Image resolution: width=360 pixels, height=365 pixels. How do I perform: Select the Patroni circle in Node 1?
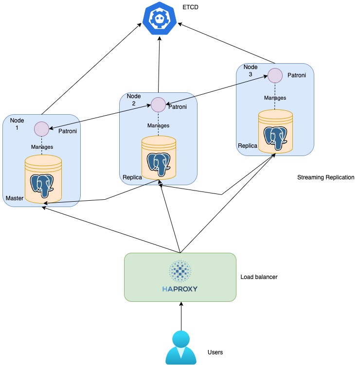point(41,129)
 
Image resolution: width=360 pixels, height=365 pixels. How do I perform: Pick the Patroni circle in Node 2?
point(158,104)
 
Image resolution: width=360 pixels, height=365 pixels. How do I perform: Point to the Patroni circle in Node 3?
point(275,76)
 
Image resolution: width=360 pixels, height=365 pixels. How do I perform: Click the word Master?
point(15,198)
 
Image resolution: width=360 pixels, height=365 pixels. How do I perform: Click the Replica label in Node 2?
point(132,177)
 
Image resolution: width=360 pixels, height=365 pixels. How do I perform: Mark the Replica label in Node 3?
point(247,146)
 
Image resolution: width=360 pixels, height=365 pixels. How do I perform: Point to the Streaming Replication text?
point(325,178)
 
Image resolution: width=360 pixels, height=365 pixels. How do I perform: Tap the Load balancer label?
point(259,278)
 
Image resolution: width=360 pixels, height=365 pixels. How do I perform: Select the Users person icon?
point(180,348)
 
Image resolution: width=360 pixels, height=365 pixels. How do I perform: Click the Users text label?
point(215,352)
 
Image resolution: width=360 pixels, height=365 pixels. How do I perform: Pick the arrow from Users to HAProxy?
point(180,316)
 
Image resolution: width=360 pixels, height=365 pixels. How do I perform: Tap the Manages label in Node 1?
point(42,147)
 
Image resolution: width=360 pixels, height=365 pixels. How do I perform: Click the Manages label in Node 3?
point(275,98)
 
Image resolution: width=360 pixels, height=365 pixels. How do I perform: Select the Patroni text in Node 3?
point(296,75)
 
